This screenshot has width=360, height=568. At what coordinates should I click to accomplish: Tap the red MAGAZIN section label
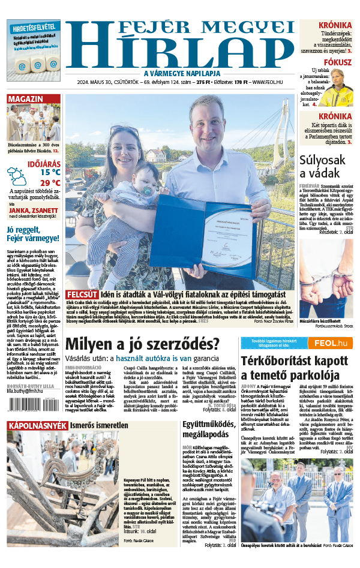tap(26, 99)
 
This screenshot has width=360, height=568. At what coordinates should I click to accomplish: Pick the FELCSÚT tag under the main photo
tap(82, 295)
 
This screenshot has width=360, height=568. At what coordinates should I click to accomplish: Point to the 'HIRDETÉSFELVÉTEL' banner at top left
tap(34, 27)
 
